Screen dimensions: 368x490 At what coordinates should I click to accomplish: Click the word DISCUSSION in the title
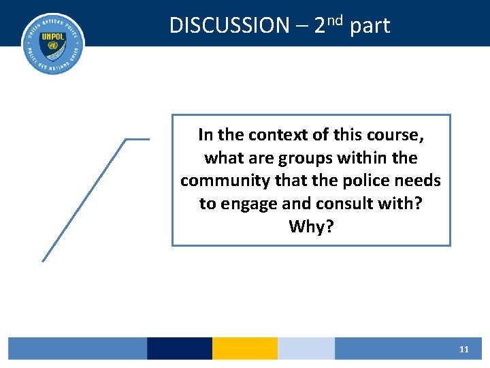[229, 26]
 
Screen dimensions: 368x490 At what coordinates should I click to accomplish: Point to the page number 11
[464, 349]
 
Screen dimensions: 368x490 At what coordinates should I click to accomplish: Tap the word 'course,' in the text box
[395, 135]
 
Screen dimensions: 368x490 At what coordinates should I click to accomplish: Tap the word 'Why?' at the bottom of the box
[311, 226]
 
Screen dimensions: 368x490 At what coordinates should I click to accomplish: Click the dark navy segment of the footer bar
[180, 348]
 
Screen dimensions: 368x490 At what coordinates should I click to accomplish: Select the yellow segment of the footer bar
[245, 348]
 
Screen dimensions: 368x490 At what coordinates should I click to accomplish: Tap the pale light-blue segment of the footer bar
[306, 348]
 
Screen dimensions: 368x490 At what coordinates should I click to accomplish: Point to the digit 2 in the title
[320, 26]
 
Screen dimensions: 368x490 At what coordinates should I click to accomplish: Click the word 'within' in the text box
[364, 158]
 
